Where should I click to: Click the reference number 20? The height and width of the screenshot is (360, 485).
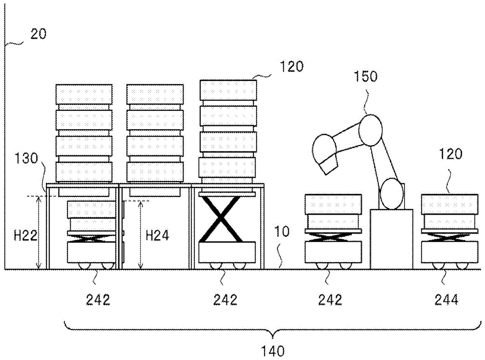pyautogui.click(x=38, y=35)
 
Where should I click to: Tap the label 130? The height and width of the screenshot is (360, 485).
pyautogui.click(x=28, y=159)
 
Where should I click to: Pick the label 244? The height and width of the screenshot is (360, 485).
pyautogui.click(x=447, y=300)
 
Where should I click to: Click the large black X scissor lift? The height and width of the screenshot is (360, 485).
pyautogui.click(x=221, y=219)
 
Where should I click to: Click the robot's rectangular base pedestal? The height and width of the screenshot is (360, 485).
pyautogui.click(x=391, y=238)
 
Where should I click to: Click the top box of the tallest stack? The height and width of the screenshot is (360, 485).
pyautogui.click(x=228, y=91)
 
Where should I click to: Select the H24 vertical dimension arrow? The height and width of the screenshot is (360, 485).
pyautogui.click(x=141, y=235)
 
